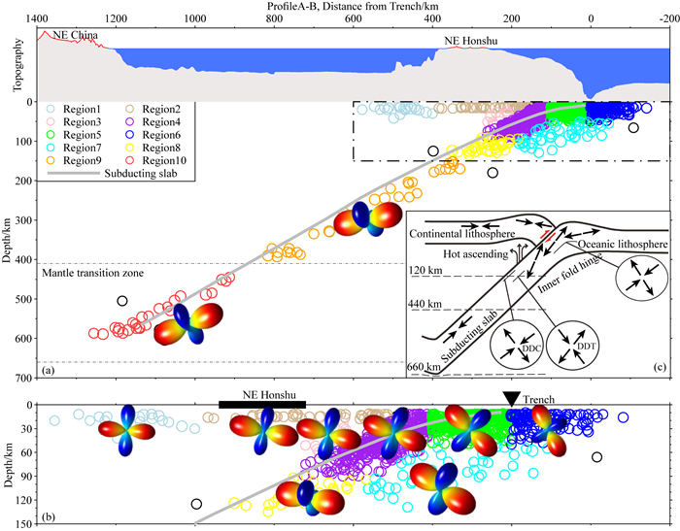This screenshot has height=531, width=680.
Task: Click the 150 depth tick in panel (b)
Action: (18, 523)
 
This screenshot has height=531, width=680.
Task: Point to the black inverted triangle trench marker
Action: (511, 398)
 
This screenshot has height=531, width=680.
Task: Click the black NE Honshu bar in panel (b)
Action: (262, 404)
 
